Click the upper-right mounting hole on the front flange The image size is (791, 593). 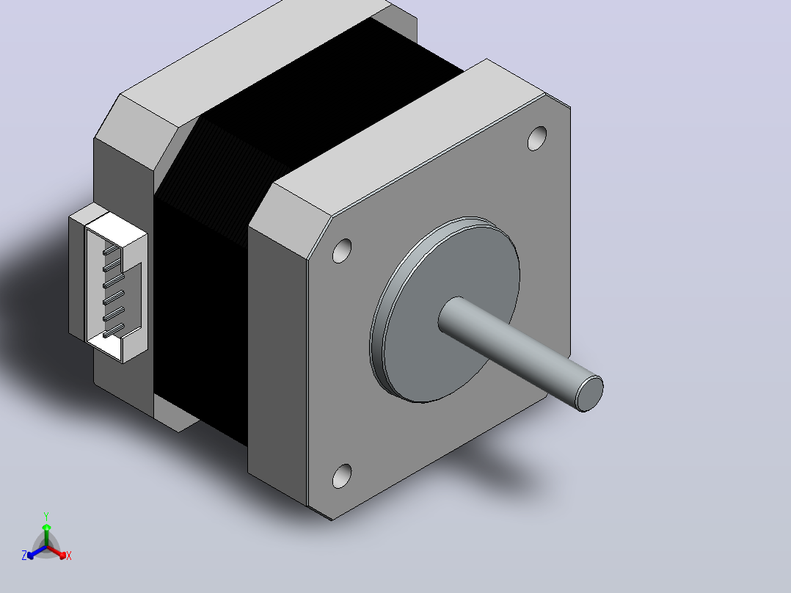537,138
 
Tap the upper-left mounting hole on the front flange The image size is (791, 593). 341,251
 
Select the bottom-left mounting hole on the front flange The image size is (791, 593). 342,476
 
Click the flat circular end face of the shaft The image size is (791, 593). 590,393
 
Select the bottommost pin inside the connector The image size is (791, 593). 113,331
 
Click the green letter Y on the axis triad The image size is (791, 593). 46,516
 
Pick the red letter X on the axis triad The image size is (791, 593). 69,556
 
